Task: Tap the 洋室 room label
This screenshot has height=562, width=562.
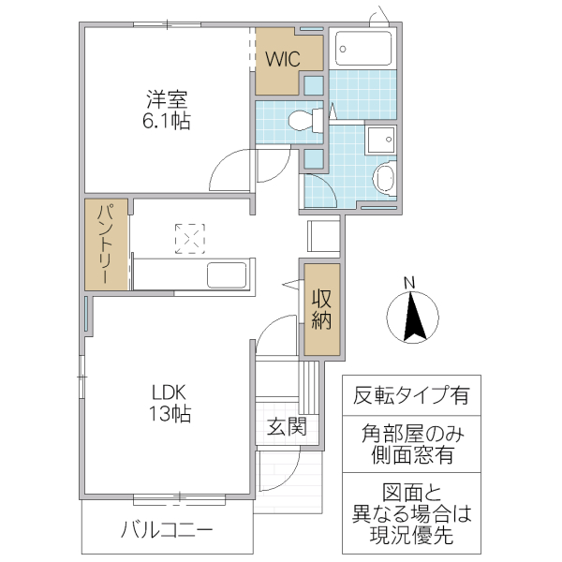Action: (169, 97)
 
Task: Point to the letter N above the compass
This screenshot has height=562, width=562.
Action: (409, 283)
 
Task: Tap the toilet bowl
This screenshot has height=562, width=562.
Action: (302, 120)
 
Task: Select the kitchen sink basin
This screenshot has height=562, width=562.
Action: (227, 276)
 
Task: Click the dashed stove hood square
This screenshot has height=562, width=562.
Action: (190, 238)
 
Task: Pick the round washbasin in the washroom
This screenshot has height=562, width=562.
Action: (384, 177)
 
